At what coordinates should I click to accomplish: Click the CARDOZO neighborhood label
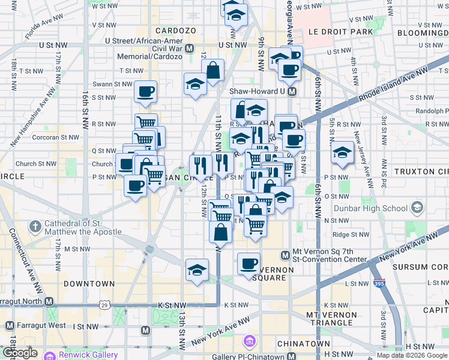point(176,31)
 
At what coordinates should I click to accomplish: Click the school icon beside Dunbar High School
point(417,209)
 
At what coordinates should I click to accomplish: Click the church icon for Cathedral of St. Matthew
point(35,227)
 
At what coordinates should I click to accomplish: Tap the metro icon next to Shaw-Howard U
point(292,91)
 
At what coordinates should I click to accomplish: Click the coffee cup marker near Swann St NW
point(146,92)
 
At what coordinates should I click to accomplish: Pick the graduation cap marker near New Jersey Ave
point(342,151)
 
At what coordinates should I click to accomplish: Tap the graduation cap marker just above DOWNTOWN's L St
point(196,269)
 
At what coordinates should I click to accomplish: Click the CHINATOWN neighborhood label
point(303,344)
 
